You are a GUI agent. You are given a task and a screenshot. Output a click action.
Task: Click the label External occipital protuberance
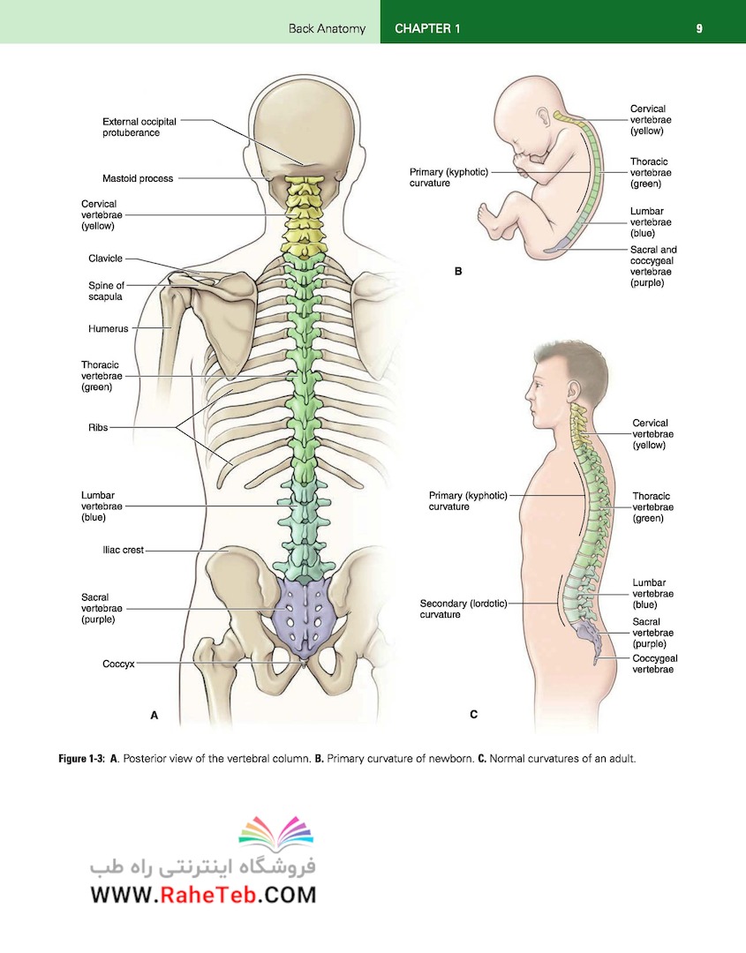[139, 127]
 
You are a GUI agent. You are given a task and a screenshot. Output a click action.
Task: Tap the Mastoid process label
[138, 178]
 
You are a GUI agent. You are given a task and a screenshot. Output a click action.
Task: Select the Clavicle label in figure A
[105, 259]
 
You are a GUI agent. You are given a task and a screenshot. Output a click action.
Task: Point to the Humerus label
[109, 329]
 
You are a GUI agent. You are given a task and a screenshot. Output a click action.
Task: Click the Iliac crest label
[123, 550]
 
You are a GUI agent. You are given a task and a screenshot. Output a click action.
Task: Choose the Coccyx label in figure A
[118, 664]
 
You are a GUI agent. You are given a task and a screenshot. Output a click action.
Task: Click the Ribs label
[98, 427]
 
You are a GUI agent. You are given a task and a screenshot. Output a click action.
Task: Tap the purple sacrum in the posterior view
[302, 615]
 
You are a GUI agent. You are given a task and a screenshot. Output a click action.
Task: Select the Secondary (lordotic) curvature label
[463, 609]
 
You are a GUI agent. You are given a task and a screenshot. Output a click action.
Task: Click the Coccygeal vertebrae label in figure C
[655, 664]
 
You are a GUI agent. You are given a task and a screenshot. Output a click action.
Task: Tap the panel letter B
[458, 272]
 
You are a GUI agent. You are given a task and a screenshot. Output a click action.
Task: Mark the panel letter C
[473, 715]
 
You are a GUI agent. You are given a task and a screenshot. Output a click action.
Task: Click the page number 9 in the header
[699, 28]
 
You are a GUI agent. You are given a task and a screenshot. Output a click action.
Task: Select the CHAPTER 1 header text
[427, 28]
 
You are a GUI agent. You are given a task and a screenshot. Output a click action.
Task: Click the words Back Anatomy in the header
[328, 28]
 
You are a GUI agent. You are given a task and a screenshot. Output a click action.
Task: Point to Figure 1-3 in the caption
[81, 759]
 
